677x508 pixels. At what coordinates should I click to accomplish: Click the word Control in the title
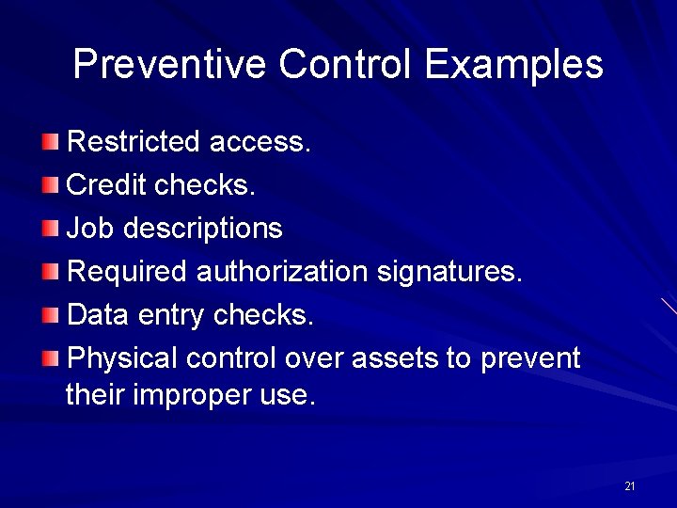(345, 65)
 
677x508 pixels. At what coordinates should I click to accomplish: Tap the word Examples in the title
(513, 65)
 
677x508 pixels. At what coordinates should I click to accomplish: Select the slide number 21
(629, 486)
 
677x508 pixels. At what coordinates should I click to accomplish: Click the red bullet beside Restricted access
(50, 142)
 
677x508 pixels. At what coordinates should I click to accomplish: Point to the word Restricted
(134, 142)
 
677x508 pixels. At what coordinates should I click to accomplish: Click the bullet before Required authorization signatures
(50, 272)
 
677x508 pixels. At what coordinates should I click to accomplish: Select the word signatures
(449, 272)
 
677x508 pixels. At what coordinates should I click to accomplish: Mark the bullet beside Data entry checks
(50, 315)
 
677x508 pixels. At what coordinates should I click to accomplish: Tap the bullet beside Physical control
(50, 358)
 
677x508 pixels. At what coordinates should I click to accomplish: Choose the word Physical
(123, 358)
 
